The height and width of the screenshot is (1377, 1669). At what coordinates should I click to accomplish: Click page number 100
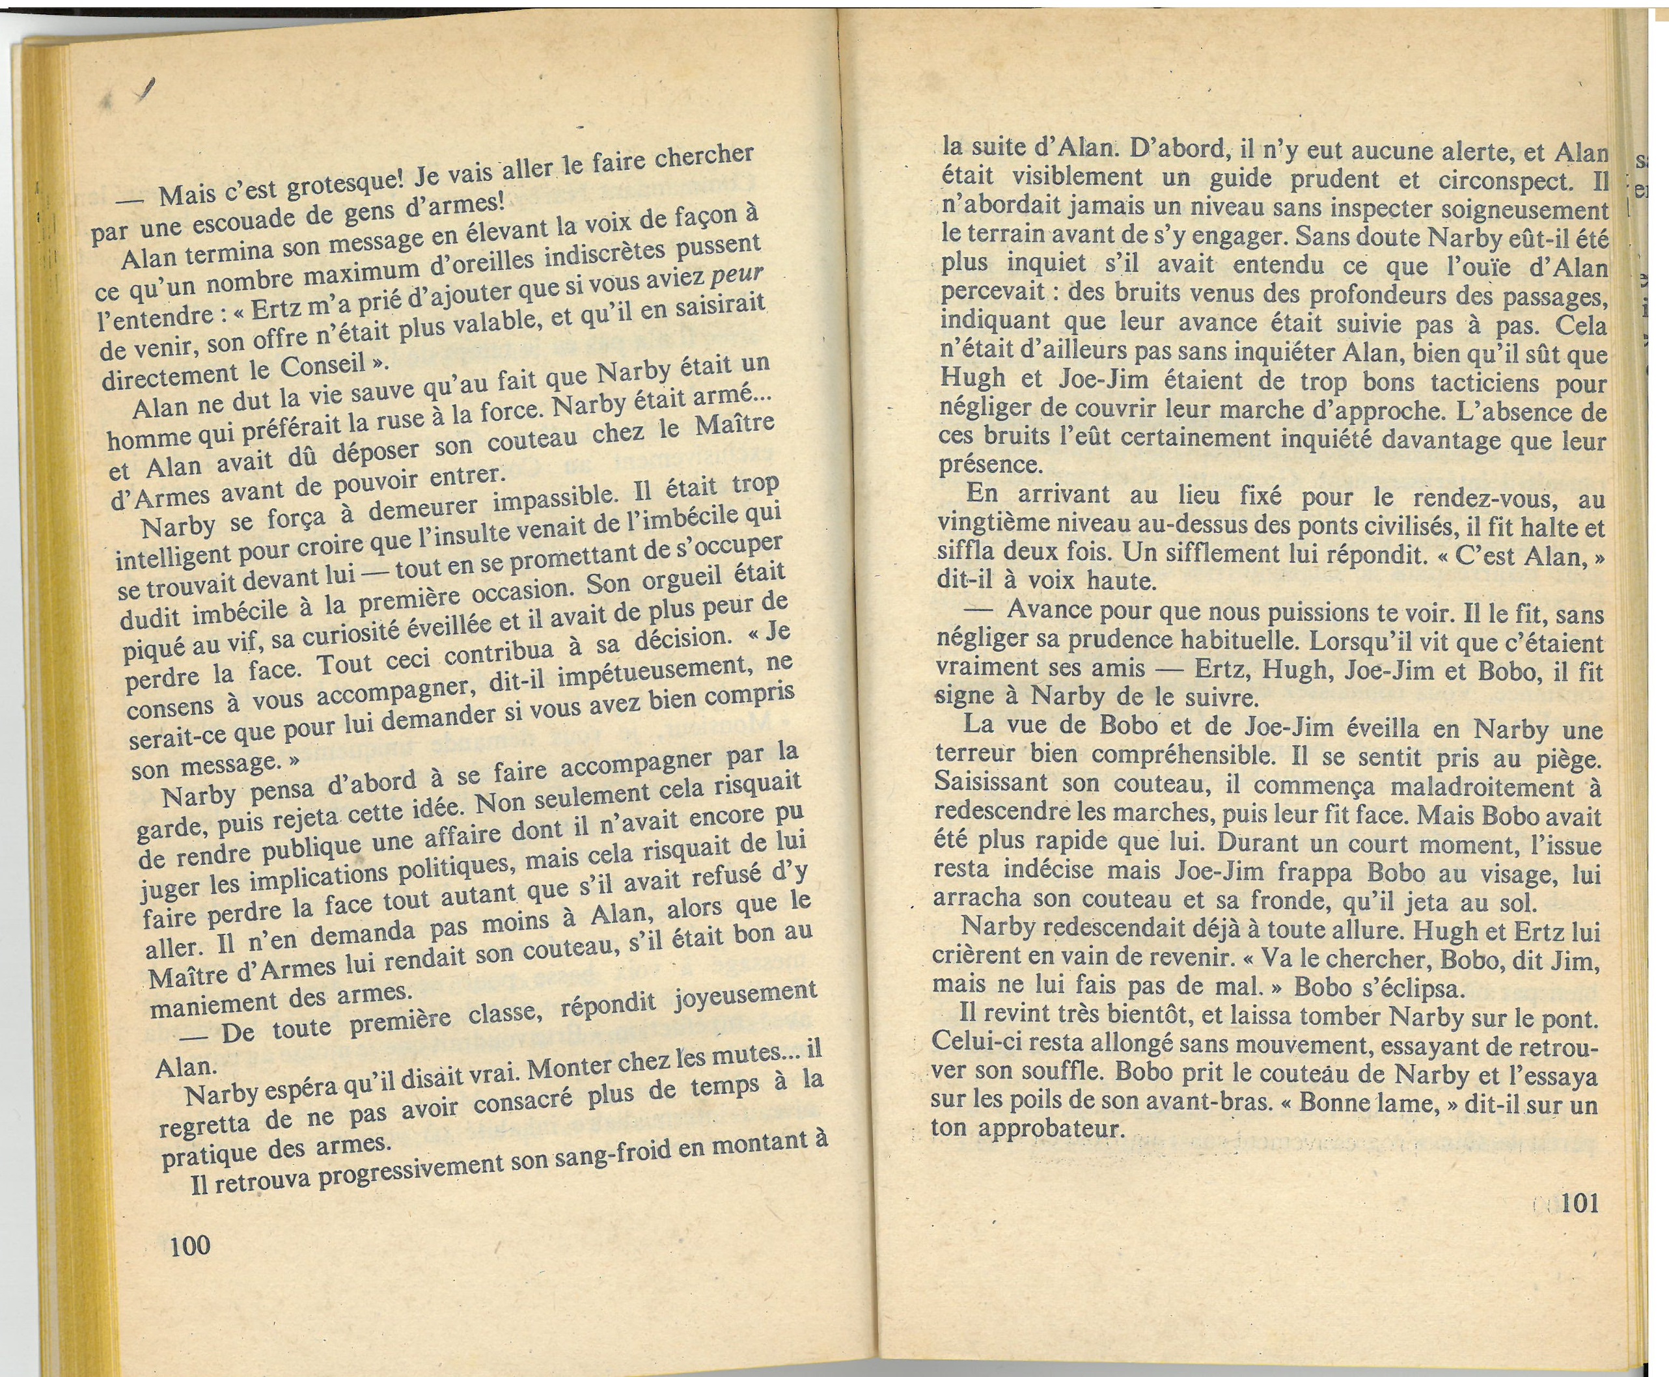tap(189, 1244)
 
